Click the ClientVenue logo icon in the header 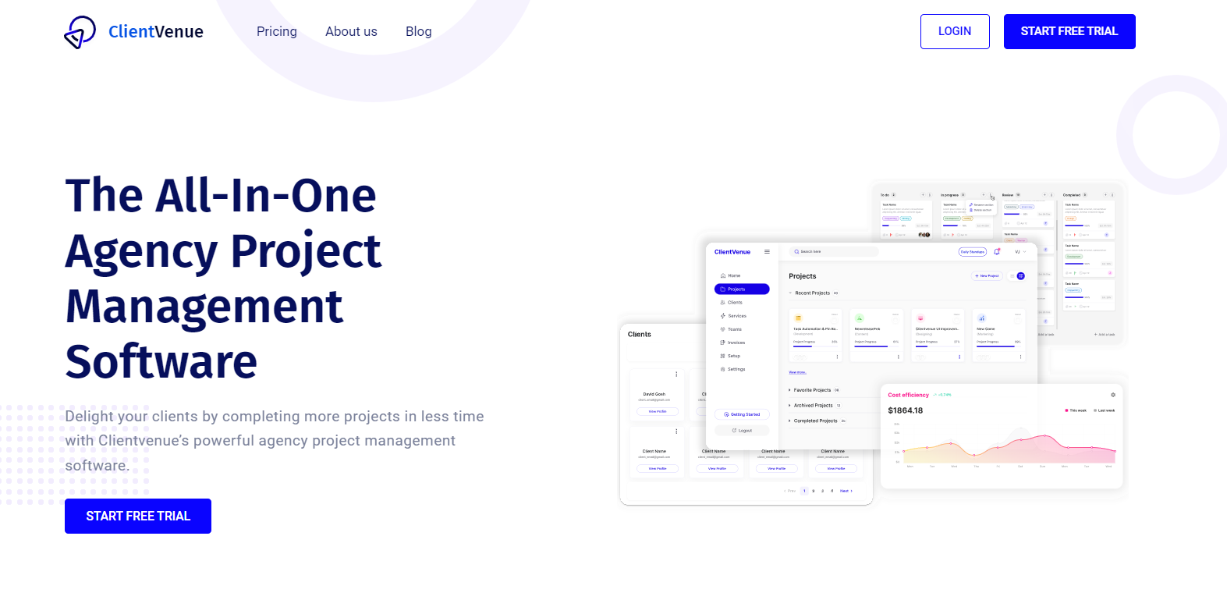coord(80,32)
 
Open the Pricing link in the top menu coord(277,32)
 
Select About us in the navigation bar coord(351,32)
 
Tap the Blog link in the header coord(418,32)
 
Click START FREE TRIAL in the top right coord(1069,32)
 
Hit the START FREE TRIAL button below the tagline coord(138,517)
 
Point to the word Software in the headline coord(161,362)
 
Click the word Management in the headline coord(204,307)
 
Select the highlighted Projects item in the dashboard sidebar coord(742,289)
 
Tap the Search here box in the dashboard coord(833,252)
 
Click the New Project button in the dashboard coord(987,276)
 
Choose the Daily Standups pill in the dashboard coord(973,252)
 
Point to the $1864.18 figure coord(906,410)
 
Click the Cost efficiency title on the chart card coord(909,395)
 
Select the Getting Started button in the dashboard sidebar coord(742,414)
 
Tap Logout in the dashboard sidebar coord(742,431)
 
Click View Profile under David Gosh coord(658,411)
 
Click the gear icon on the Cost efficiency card coord(1113,395)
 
